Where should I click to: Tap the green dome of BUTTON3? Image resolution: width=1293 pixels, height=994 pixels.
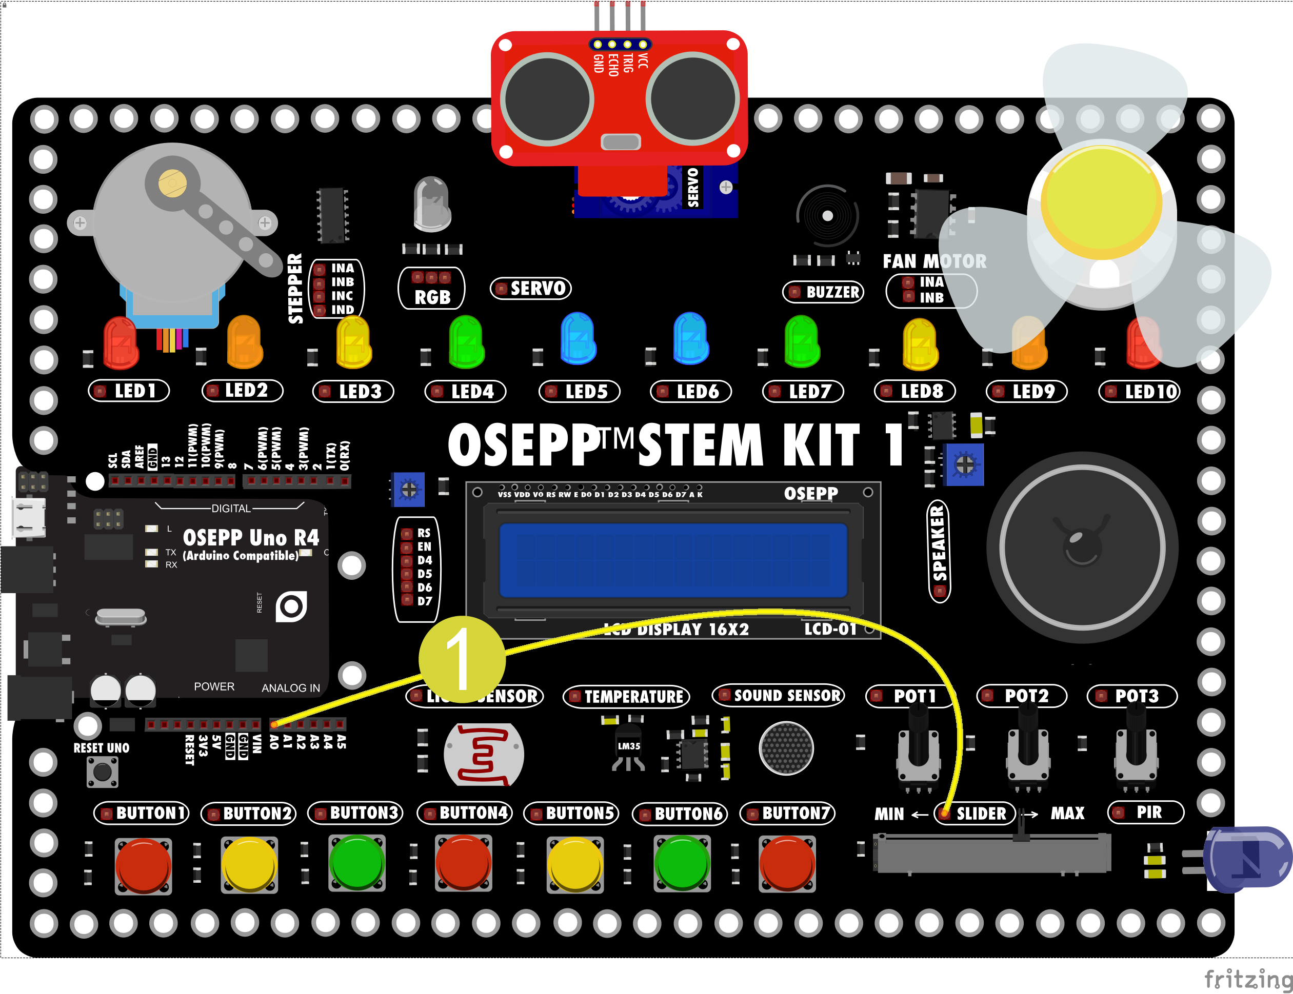click(x=357, y=862)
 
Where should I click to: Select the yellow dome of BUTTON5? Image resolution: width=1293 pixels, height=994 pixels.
click(x=575, y=864)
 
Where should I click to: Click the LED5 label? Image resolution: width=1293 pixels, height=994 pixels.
click(x=580, y=392)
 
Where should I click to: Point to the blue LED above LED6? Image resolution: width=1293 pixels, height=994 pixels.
click(x=690, y=338)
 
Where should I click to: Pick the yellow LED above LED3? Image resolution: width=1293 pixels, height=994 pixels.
click(x=353, y=342)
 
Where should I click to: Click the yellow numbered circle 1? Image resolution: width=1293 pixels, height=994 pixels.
click(x=462, y=659)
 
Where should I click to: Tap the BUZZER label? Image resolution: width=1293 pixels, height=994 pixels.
click(x=824, y=292)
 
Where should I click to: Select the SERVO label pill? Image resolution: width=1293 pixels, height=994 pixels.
click(x=531, y=289)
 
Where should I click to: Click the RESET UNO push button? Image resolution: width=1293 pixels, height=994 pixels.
click(x=103, y=772)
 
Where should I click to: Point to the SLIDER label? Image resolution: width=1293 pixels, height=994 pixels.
click(x=974, y=814)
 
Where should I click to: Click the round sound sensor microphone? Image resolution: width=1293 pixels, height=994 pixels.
click(x=786, y=748)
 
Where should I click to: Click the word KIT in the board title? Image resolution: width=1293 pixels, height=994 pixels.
click(x=821, y=445)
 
